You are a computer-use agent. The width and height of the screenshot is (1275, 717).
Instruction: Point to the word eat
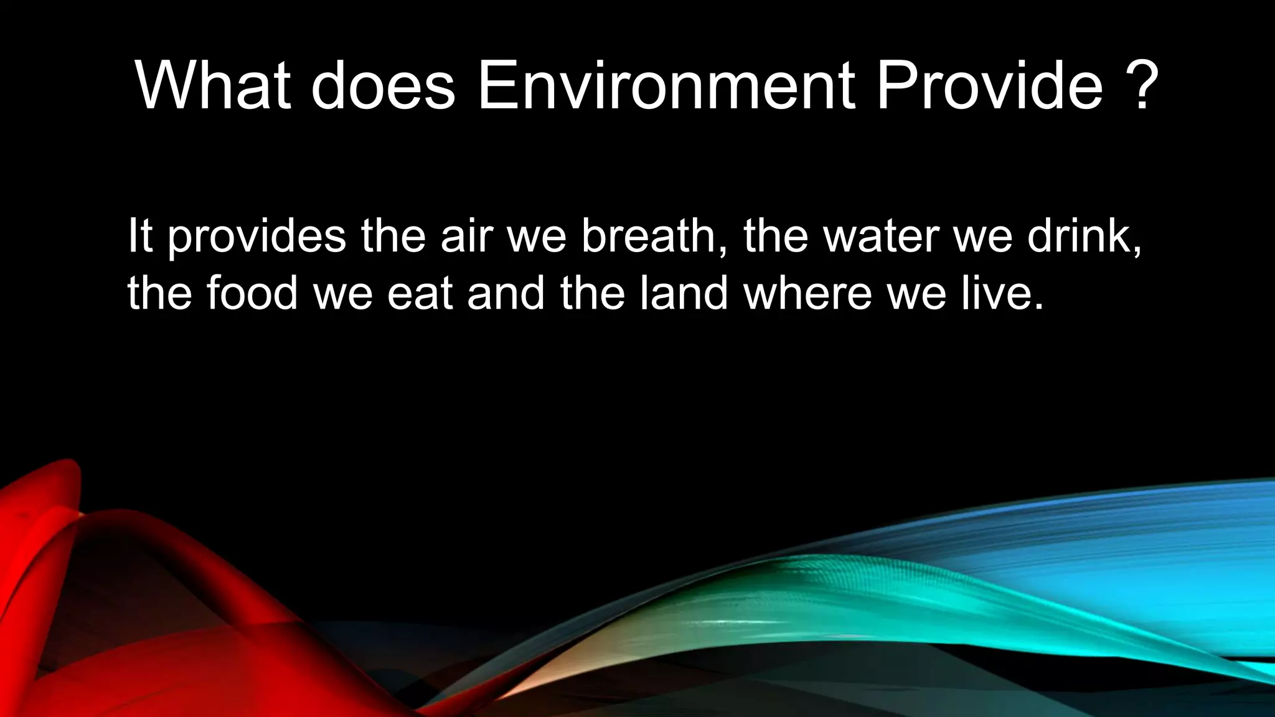[420, 294]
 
